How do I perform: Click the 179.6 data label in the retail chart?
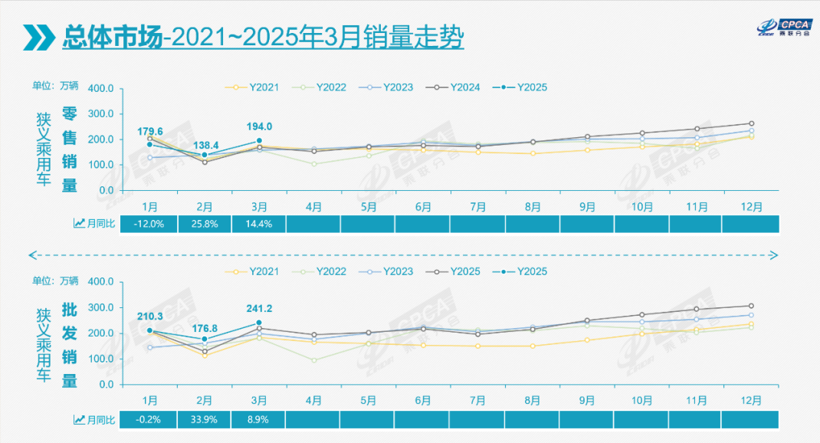(x=150, y=132)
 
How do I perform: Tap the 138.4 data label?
(x=205, y=145)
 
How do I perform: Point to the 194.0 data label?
(x=260, y=127)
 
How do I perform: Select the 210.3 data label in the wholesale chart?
(x=150, y=317)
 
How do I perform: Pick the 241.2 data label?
(x=260, y=309)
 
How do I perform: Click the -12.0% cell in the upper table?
(x=150, y=223)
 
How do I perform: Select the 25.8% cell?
(x=205, y=223)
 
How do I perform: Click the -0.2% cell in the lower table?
(x=150, y=419)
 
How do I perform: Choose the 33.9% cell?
(x=205, y=419)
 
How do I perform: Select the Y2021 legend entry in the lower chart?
(x=256, y=271)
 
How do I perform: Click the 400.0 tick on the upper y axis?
(x=101, y=88)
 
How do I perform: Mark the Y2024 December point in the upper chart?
(x=752, y=123)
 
